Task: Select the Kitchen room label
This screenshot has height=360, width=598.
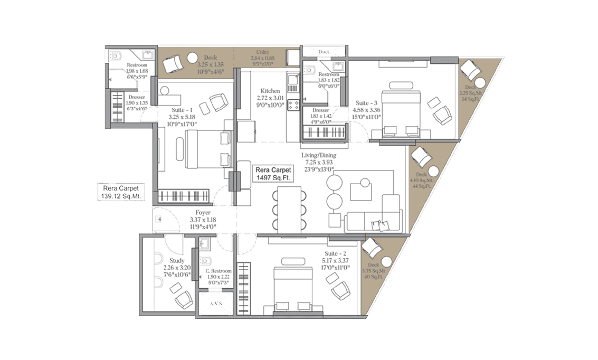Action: tap(270, 98)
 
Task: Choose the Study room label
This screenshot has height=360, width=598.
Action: tap(177, 267)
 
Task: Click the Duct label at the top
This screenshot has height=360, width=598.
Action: tap(324, 52)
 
